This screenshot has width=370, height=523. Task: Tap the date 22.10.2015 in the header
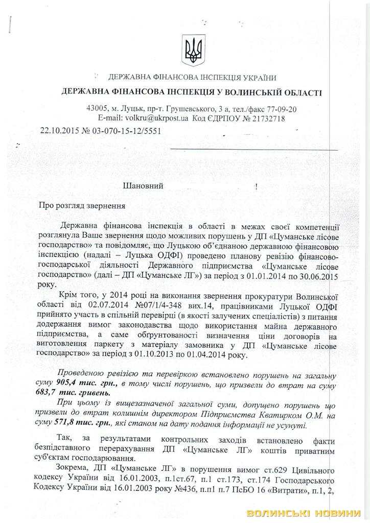tap(58, 130)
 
